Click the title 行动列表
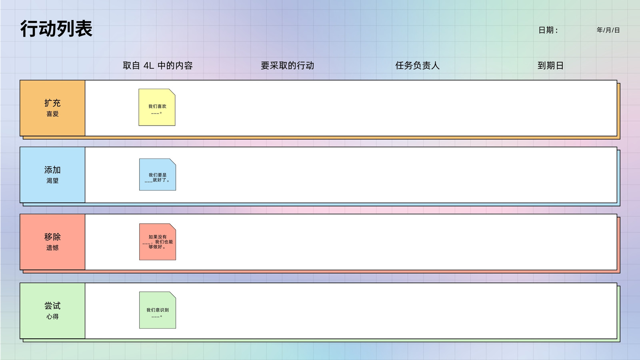56,28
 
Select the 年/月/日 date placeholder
608,30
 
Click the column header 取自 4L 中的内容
158,66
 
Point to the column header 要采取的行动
288,66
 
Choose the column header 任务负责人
418,66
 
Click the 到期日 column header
550,66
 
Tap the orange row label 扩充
52,103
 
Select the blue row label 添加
52,170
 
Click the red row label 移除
52,236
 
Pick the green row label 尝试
52,306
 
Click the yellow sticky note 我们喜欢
157,107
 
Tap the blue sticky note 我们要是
158,174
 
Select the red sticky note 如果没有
158,242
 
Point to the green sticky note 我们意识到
158,310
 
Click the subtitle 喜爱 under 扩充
52,114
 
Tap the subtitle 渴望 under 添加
52,180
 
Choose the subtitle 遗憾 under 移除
52,248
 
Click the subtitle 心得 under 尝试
52,316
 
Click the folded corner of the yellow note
172,92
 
